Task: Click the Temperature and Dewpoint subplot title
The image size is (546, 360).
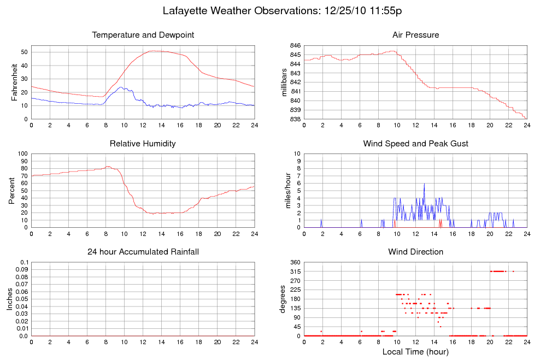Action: [143, 35]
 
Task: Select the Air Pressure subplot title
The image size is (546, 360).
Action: [415, 35]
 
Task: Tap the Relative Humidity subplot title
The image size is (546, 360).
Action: [143, 144]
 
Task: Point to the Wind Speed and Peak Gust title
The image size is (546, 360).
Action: [415, 144]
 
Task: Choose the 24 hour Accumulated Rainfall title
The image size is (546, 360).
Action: [143, 252]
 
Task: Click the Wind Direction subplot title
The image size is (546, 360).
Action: [415, 252]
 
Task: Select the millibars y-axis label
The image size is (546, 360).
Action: [284, 82]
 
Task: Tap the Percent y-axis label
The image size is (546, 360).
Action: [12, 191]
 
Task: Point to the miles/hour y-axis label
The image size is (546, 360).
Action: [284, 191]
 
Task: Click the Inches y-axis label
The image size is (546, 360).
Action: [10, 299]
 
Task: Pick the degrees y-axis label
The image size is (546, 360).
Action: [283, 299]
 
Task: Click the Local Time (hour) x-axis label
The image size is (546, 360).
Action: [415, 351]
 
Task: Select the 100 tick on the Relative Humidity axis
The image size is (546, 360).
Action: [23, 154]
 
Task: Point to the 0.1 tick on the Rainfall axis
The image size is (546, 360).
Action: [24, 262]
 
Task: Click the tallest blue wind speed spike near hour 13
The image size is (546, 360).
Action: [424, 185]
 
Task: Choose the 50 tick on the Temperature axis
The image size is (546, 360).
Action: [25, 52]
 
